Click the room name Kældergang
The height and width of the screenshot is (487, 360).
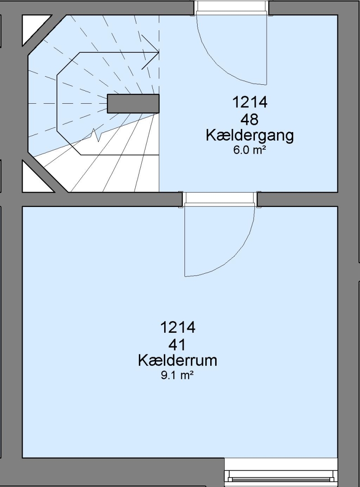pos(250,136)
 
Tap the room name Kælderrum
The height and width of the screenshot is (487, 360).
pos(177,361)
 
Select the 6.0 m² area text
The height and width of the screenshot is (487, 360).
pos(250,151)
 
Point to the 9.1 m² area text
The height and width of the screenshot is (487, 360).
pos(177,376)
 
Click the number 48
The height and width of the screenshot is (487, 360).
pos(249,119)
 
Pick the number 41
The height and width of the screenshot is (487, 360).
pos(177,345)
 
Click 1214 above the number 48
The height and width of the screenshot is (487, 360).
pos(250,102)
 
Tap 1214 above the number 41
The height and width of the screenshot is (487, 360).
pos(178,327)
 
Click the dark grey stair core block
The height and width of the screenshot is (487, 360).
pos(133,104)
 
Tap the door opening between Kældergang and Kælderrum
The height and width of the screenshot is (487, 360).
pos(220,199)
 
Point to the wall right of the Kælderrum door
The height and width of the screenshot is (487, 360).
pos(297,199)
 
